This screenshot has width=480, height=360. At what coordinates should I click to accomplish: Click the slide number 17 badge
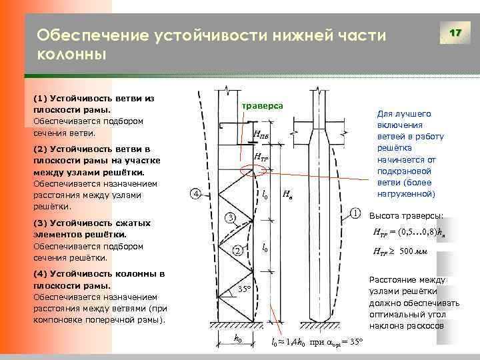455,33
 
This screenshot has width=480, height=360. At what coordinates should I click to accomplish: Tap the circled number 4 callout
195,194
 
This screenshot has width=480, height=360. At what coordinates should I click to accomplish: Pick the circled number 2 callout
237,251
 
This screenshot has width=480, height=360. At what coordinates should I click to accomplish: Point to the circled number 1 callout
355,214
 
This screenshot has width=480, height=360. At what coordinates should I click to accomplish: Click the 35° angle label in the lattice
244,289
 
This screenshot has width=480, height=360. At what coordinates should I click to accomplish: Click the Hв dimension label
287,195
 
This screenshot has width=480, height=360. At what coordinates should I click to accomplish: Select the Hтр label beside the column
261,158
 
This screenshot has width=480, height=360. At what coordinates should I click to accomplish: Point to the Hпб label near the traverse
261,136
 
